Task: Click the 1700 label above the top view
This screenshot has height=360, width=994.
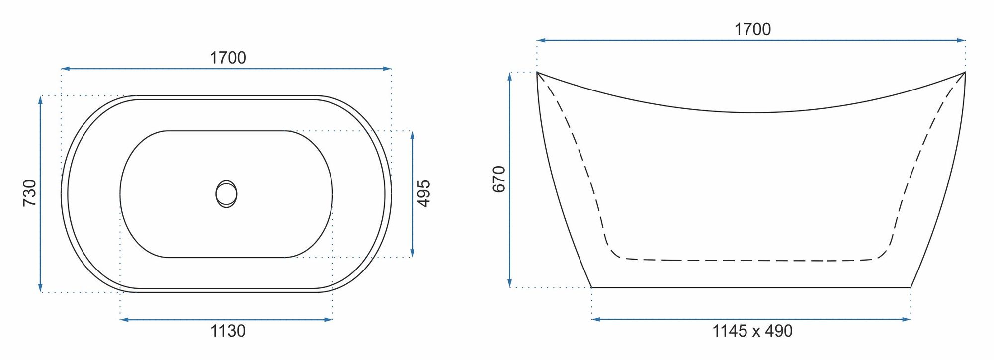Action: point(228,58)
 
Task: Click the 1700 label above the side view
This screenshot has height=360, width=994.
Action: point(752,29)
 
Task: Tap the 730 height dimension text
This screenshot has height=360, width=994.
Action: point(30,193)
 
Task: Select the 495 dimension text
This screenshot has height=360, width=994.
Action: point(423,193)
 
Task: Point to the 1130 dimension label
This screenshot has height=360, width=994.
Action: point(228,331)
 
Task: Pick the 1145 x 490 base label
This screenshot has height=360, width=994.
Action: point(752,331)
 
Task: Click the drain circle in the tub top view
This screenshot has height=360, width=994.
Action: point(226,194)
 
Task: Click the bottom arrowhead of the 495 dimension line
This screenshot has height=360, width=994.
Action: point(412,253)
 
